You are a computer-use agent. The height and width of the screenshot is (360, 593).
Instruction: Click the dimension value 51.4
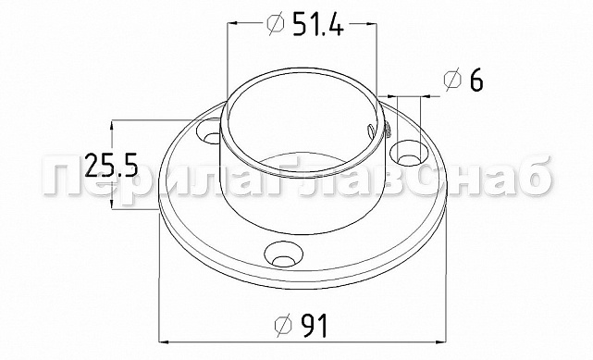[x=317, y=23]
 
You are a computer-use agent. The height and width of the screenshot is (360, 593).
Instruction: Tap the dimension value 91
[x=315, y=325]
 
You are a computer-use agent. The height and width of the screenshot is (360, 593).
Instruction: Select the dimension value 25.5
[x=110, y=166]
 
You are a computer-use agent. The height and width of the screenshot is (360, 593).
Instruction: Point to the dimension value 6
[x=476, y=81]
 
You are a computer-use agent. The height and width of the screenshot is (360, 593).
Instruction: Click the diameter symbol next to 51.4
[x=276, y=23]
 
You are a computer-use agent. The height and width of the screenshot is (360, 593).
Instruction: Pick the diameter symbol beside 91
[x=284, y=325]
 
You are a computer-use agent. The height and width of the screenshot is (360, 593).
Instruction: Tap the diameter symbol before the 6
[x=452, y=81]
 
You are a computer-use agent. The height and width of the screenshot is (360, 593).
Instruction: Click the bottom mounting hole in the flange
[x=284, y=255]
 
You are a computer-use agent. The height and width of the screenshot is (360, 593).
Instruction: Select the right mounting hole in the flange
[x=409, y=154]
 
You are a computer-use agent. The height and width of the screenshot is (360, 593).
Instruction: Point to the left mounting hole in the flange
[x=209, y=131]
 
